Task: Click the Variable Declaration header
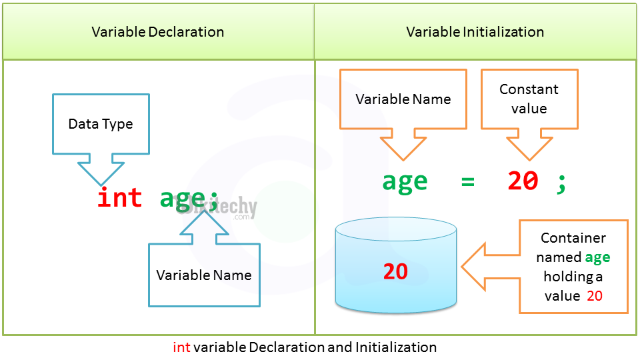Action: click(x=158, y=32)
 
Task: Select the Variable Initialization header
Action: click(x=475, y=32)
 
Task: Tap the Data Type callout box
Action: click(x=101, y=124)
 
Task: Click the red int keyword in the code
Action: click(x=120, y=198)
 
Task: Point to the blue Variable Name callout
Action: click(x=204, y=275)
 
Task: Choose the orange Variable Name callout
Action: click(x=403, y=99)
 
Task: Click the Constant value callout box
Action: click(x=529, y=99)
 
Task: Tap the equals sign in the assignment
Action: click(x=467, y=181)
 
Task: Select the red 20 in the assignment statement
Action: click(x=523, y=181)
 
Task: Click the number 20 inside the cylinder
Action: click(x=395, y=271)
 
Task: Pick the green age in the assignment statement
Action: click(x=405, y=182)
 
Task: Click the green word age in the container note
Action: click(x=597, y=257)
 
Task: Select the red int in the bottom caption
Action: click(x=181, y=347)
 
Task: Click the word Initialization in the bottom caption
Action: click(x=396, y=347)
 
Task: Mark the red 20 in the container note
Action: click(x=595, y=296)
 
